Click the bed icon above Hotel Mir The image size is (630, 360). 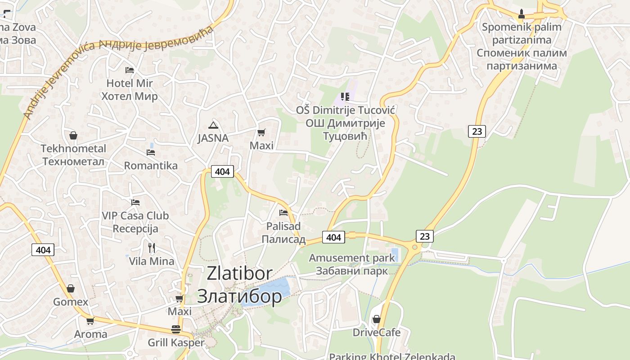coord(130,70)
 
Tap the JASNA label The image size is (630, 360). coord(213,138)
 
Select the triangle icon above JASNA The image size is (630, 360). coord(213,125)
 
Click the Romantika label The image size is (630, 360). coord(151,166)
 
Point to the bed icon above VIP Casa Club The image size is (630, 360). coord(135,202)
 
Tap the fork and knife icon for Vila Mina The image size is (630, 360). coord(152,247)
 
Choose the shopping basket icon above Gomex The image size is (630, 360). coord(71,288)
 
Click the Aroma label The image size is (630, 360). coord(90,334)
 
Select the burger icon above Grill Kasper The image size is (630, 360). coord(176,329)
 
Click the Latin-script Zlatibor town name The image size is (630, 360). coord(239,273)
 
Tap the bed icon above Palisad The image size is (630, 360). coord(283,212)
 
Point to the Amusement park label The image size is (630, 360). coord(351,258)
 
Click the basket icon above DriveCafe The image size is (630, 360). coord(377,319)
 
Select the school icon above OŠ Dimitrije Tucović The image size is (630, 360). coord(345,96)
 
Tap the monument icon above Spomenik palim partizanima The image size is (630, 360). coord(522,14)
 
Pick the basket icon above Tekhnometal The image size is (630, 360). coord(73,135)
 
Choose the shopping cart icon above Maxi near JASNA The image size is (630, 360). coord(261,132)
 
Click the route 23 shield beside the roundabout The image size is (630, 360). coord(424,236)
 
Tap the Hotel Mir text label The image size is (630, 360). coord(130,83)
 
